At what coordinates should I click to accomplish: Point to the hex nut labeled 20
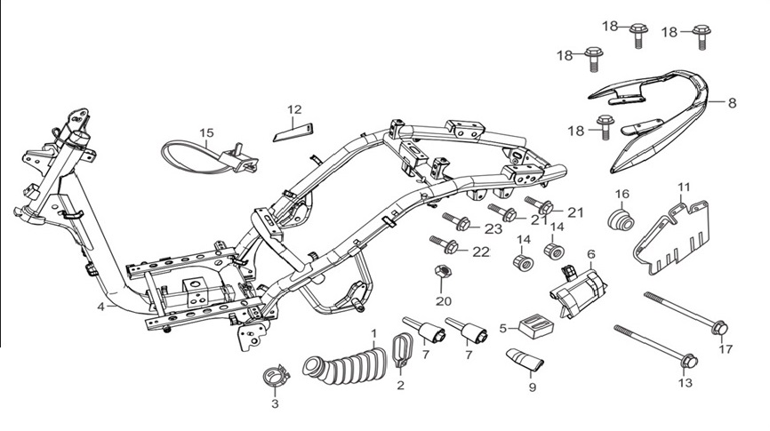point(440,272)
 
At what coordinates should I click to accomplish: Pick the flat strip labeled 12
point(294,132)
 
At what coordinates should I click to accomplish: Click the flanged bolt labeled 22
point(445,244)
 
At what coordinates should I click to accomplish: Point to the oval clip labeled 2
point(404,348)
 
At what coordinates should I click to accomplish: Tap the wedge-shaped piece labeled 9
point(524,359)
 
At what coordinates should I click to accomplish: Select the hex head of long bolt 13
point(689,361)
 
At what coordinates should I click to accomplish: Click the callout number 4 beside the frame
point(100,307)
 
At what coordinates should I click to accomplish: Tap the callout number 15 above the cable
point(207,132)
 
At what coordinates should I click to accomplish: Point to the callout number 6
point(591,254)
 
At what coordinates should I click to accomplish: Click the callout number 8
point(732,103)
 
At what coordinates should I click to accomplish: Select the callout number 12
point(294,109)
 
